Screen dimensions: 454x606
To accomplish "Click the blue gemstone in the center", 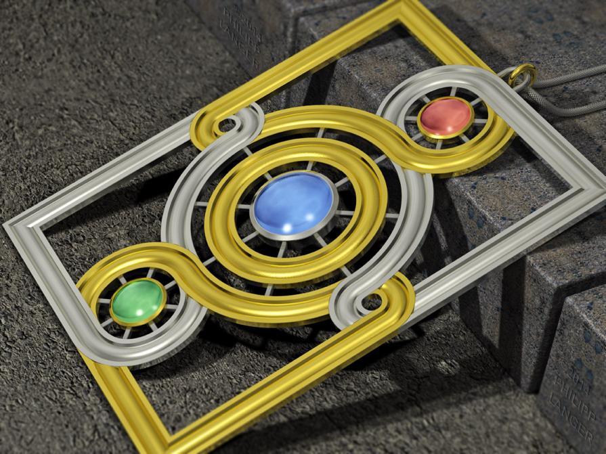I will click(294, 202).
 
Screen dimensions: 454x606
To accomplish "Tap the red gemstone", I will click(445, 117).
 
